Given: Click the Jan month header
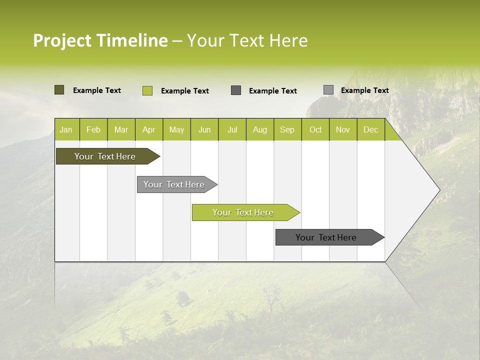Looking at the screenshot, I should point(66,129).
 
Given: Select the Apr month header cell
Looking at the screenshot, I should point(149,129).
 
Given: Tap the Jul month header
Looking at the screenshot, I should point(232,129).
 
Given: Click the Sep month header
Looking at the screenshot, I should point(287,129).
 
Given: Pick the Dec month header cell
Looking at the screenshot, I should point(370,129).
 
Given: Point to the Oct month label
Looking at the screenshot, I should point(315,129).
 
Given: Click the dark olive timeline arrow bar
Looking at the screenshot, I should point(105,156).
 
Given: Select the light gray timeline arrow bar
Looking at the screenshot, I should point(174,184).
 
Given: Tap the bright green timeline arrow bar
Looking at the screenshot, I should point(243,212).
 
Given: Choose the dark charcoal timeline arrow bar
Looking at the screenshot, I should point(326,237).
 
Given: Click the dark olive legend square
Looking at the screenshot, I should point(59,90).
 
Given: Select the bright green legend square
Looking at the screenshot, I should point(147,90).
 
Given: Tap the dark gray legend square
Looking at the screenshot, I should point(236,90).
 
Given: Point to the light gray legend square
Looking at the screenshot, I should point(328,90).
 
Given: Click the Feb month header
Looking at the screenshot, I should point(93,129).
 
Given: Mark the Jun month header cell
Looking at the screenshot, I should point(204,129).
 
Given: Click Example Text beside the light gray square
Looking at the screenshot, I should point(364,90).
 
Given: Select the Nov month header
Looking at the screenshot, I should point(343,129).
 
